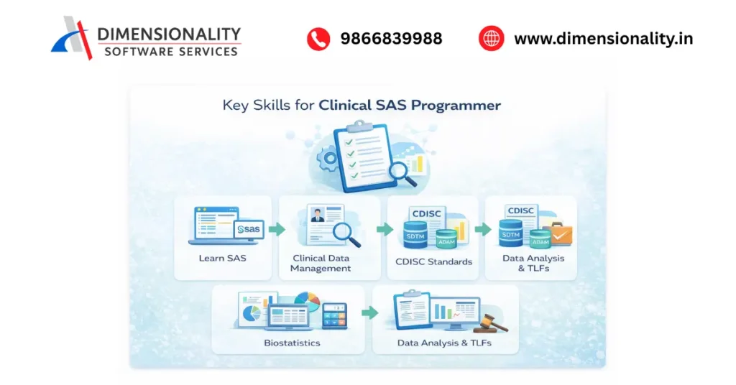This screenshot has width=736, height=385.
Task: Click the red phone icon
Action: (x=318, y=39)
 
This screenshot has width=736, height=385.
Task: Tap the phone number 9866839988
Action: (x=391, y=39)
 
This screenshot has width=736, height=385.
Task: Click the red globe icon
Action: (x=492, y=39)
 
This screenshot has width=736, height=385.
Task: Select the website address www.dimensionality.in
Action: (x=603, y=39)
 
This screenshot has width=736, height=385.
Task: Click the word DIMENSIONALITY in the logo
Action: (x=169, y=34)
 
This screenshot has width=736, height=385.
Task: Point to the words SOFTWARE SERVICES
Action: (x=170, y=52)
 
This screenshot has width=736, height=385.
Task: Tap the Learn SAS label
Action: (x=223, y=258)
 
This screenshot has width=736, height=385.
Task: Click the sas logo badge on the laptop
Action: (x=249, y=229)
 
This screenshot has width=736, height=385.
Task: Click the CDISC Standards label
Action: (x=434, y=261)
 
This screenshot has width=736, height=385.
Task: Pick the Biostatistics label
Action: (x=291, y=343)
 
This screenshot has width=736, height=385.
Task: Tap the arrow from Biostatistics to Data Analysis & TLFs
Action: (x=369, y=313)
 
